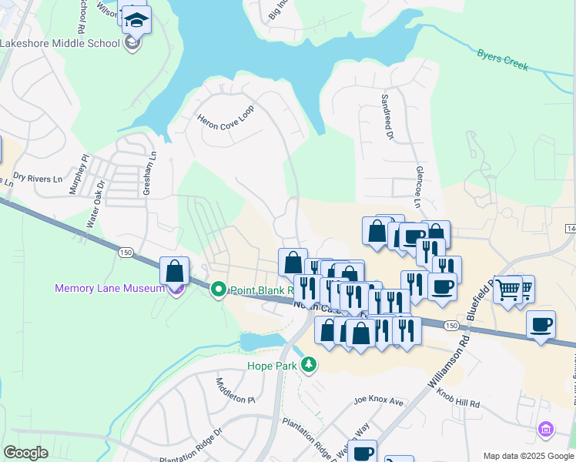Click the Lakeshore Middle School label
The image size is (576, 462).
(x=60, y=43)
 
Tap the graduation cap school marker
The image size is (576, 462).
(x=136, y=19)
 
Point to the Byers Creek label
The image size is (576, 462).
(x=503, y=60)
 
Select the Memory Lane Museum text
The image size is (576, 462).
(x=109, y=289)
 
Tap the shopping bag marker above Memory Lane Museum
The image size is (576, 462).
(x=175, y=271)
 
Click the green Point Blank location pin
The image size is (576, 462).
(x=218, y=290)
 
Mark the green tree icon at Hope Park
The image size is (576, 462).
(x=309, y=363)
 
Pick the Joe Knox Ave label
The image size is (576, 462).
(x=379, y=401)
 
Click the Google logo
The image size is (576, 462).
(x=25, y=453)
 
